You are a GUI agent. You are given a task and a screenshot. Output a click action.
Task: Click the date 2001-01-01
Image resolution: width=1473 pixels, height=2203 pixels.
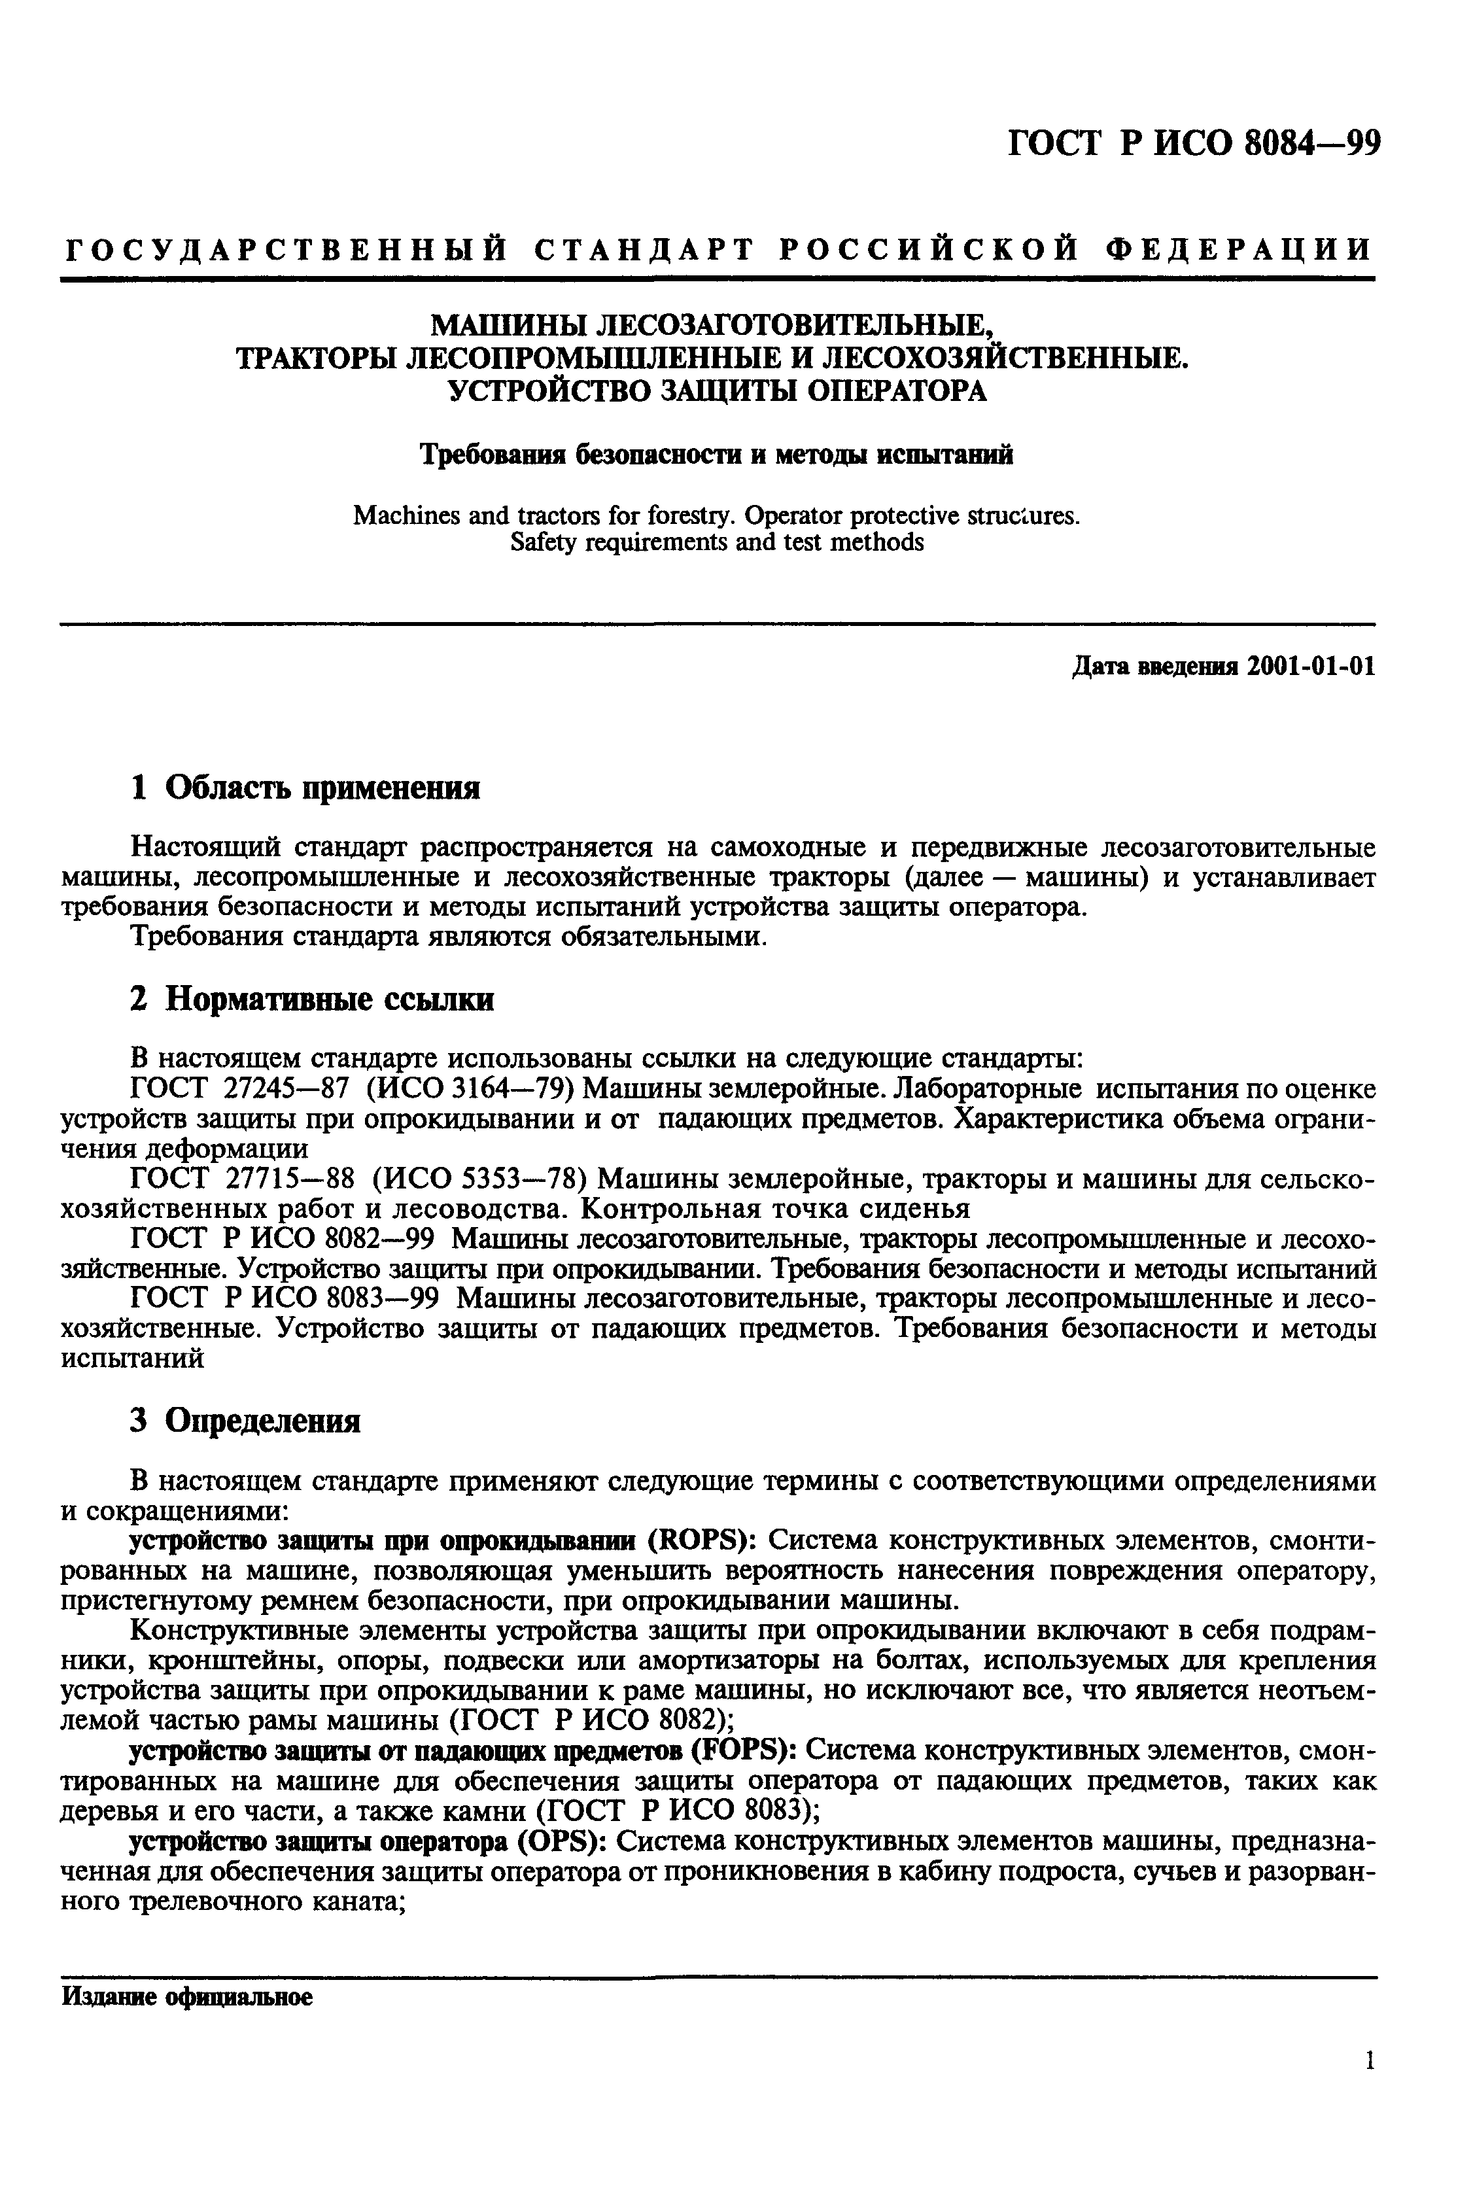(x=1311, y=667)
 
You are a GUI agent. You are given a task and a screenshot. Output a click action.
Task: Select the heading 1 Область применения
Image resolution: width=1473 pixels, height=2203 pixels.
(x=304, y=788)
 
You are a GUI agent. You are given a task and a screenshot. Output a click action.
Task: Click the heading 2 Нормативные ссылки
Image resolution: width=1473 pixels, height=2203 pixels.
(x=311, y=999)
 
